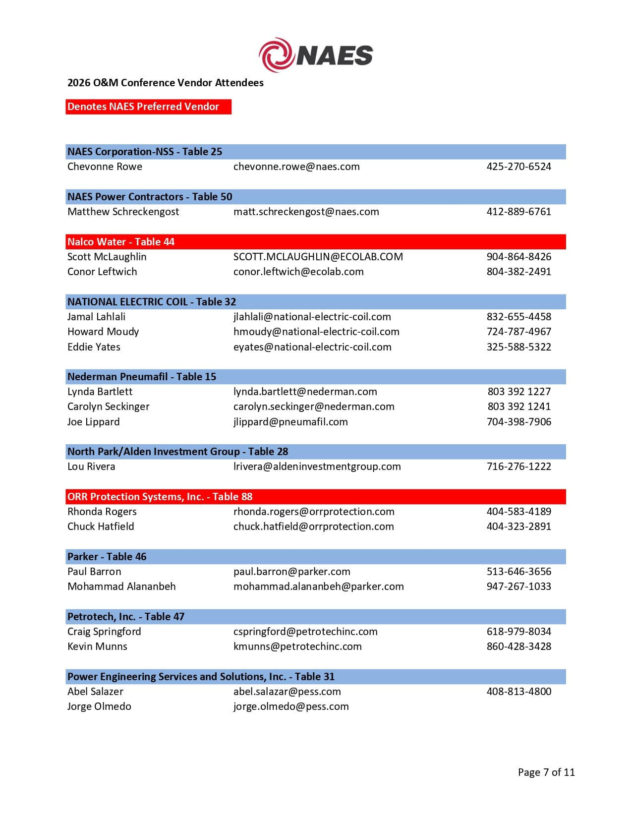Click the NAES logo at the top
pyautogui.click(x=316, y=55)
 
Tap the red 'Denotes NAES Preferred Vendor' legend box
pyautogui.click(x=148, y=107)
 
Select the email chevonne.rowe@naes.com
pyautogui.click(x=296, y=167)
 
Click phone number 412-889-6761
pyautogui.click(x=518, y=212)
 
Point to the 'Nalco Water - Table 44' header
pyautogui.click(x=121, y=242)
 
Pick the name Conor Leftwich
pyautogui.click(x=102, y=272)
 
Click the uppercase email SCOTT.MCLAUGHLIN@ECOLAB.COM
pyautogui.click(x=318, y=257)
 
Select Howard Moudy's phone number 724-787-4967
pyautogui.click(x=518, y=332)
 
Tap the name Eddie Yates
pyautogui.click(x=94, y=347)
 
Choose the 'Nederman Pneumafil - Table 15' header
pyautogui.click(x=142, y=377)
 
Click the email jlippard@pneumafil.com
pyautogui.click(x=290, y=422)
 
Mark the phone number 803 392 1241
pyautogui.click(x=519, y=407)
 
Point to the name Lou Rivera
pyautogui.click(x=91, y=467)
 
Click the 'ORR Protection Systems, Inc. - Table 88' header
pyautogui.click(x=160, y=497)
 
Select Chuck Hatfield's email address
pyautogui.click(x=313, y=526)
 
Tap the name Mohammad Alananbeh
pyautogui.click(x=121, y=586)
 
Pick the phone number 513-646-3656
pyautogui.click(x=518, y=572)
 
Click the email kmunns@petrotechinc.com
pyautogui.click(x=297, y=646)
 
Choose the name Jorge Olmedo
pyautogui.click(x=99, y=706)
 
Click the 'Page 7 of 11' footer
pyautogui.click(x=546, y=772)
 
